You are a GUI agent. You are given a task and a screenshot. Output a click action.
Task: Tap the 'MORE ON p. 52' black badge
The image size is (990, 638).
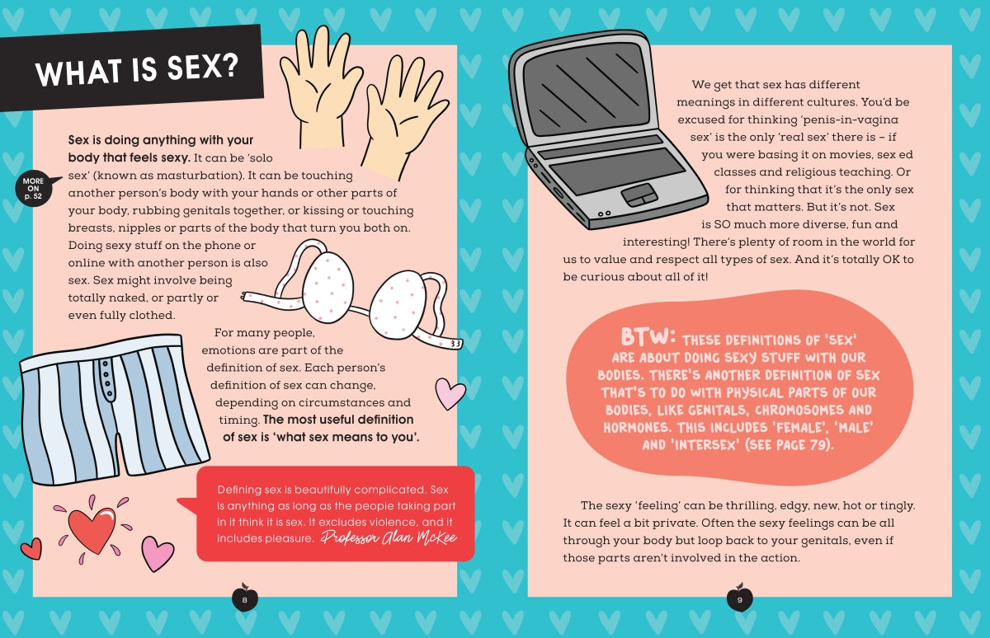[35, 189]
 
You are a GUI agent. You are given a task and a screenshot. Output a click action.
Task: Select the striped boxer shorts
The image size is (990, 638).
[113, 408]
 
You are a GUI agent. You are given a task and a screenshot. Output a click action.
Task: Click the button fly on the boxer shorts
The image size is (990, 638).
[106, 380]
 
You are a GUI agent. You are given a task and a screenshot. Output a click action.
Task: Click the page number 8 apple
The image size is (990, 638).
[244, 598]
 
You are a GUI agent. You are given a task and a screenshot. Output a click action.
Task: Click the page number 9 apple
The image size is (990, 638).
[739, 598]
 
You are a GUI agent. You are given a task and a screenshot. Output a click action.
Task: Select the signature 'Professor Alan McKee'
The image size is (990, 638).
[389, 537]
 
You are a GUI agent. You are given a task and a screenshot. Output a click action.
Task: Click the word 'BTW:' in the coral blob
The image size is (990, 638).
[648, 337]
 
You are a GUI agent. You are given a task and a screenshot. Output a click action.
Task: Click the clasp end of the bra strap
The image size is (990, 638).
[456, 344]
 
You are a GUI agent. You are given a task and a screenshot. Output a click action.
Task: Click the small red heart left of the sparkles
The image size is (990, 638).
[32, 549]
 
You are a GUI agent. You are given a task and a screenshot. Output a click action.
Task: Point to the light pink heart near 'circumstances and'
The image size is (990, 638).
[450, 393]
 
